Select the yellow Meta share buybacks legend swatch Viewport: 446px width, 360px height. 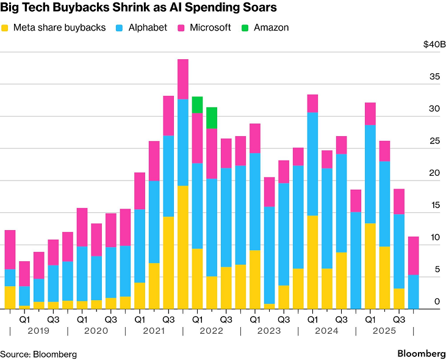[5, 28]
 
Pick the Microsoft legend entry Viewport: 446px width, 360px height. [210, 27]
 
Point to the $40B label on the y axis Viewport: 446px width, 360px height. [434, 45]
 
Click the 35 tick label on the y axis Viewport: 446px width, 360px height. [434, 77]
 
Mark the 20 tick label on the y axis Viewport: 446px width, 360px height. [434, 173]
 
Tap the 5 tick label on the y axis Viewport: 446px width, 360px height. [437, 269]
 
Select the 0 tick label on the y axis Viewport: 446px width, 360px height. [437, 301]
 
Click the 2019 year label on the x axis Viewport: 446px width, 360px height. [38, 331]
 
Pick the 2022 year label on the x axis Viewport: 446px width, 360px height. [211, 331]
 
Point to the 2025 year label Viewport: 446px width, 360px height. [384, 331]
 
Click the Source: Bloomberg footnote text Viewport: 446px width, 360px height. [38, 354]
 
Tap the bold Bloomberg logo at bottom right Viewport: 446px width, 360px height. [421, 354]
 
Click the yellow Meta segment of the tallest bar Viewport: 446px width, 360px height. [182, 247]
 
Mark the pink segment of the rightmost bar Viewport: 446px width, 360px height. [413, 256]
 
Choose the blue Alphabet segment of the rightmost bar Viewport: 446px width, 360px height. [413, 292]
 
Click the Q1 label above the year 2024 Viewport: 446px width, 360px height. [312, 319]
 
